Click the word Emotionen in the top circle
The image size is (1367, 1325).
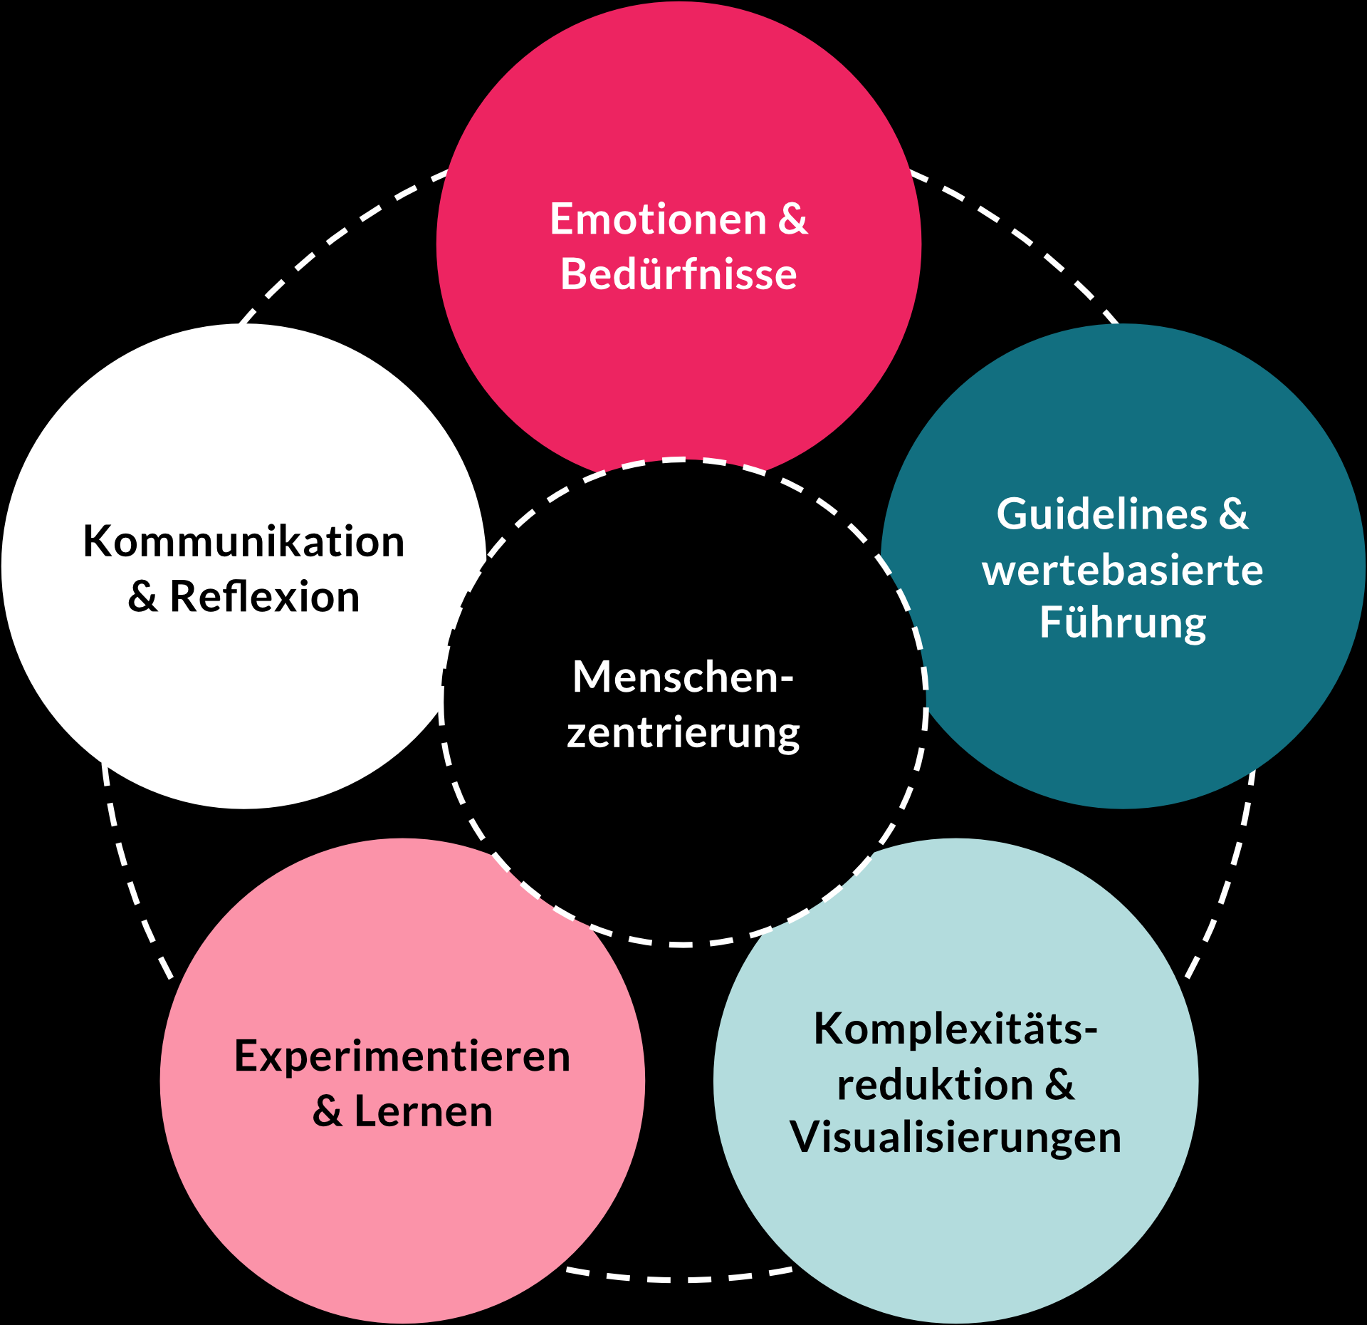coord(658,219)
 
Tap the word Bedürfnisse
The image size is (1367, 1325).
coord(679,275)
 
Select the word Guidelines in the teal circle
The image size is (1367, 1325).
coord(1102,514)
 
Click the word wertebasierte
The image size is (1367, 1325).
coord(1123,571)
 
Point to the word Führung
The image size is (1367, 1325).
coord(1123,624)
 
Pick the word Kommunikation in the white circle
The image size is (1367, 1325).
coord(244,542)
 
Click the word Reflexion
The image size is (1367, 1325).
coord(265,597)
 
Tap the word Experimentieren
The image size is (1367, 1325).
coord(402,1056)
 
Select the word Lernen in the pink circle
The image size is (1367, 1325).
coord(423,1112)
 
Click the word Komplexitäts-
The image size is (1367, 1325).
coord(955,1030)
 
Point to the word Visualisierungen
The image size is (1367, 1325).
coord(955,1138)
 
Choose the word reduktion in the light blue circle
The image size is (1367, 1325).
coord(935,1086)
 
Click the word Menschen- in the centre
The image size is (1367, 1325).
coord(683,677)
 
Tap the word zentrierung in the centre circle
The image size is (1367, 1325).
coord(683,733)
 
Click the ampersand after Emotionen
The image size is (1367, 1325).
coord(792,219)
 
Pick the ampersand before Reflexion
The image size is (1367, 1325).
coord(142,597)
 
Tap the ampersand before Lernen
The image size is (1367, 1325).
coord(327,1112)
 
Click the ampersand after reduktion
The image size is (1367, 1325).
coord(1060,1086)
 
